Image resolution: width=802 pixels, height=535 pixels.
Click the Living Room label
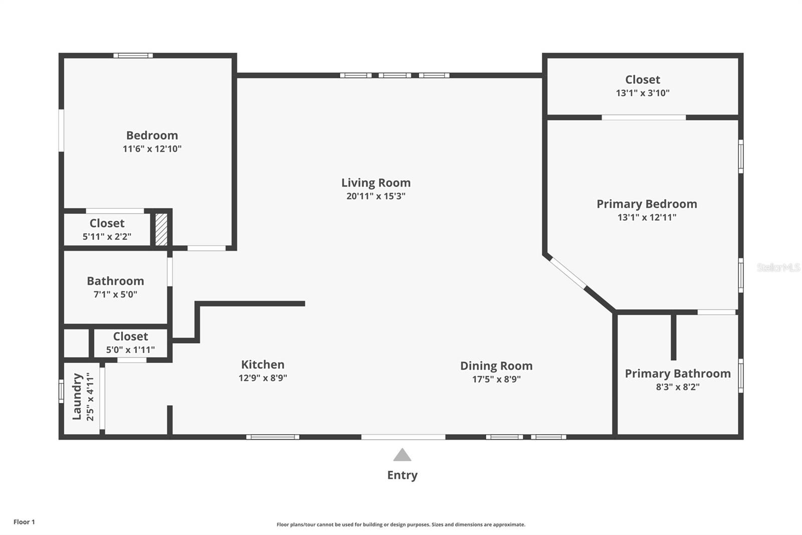pos(376,183)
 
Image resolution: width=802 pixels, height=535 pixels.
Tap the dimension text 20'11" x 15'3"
pos(376,196)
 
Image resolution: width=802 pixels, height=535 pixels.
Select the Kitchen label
pos(263,364)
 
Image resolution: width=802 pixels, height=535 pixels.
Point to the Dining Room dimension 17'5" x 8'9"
pos(496,379)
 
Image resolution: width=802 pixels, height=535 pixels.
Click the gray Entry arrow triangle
pos(402,456)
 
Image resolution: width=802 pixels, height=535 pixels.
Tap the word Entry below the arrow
pos(402,475)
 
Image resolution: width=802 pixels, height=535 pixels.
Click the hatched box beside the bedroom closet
pos(161,230)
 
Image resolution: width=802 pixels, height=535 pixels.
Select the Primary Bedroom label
pos(647,204)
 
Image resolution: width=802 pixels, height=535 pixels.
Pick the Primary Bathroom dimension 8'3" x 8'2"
pos(678,387)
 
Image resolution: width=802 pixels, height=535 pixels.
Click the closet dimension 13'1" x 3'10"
pos(643,93)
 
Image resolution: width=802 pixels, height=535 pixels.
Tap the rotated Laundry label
pos(77,396)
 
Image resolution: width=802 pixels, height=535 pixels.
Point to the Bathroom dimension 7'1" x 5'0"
pos(115,295)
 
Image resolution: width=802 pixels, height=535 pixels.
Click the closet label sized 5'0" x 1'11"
pos(130,336)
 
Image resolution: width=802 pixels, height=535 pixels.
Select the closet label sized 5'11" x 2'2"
pos(107,223)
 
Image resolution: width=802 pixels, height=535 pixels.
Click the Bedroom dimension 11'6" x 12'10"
pos(152,149)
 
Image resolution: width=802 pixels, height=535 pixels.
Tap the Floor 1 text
pos(24,522)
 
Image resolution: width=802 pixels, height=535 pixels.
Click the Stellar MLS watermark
pos(778,267)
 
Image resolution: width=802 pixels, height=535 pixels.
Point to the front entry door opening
pos(403,437)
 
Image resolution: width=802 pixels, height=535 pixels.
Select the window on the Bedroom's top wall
pos(133,56)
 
